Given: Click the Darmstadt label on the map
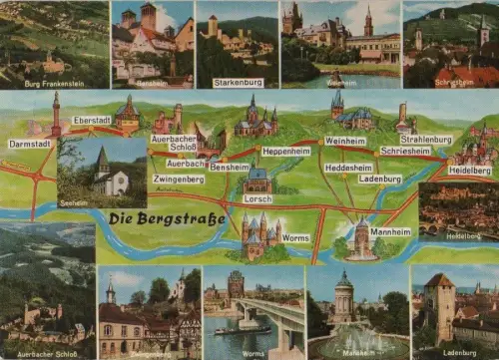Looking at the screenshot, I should point(30,144).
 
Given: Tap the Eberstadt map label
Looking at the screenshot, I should point(91,120).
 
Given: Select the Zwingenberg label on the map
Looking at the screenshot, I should point(179,180).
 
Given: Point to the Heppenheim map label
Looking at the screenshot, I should point(286,151).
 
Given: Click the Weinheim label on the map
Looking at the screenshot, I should point(345,141).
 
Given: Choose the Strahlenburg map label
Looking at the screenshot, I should point(425,140).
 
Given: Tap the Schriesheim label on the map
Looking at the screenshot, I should point(405,152).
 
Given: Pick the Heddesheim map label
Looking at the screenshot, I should point(348,168).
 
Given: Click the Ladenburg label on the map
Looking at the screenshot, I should point(380,180).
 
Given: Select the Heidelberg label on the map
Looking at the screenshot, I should point(469,171).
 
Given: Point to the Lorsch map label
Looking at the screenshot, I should point(257,198).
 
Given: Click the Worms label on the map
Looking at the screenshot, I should point(296,238).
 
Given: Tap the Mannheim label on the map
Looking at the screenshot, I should point(390,231).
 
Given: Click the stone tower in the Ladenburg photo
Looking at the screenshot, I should point(439,304).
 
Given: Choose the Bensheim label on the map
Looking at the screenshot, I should point(230,167).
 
